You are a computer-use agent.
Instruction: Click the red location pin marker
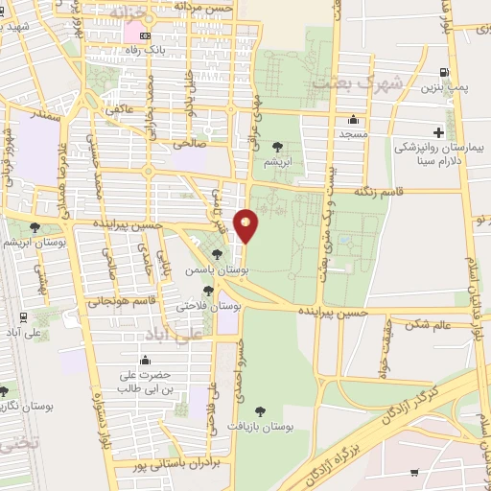(x=246, y=225)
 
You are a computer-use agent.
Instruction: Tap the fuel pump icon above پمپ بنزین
(x=442, y=72)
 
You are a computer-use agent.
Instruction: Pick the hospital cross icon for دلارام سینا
(x=438, y=130)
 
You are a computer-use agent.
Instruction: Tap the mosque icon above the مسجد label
(x=353, y=120)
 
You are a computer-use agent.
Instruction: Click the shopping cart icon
(x=414, y=473)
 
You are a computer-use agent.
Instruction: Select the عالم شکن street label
(x=428, y=324)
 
